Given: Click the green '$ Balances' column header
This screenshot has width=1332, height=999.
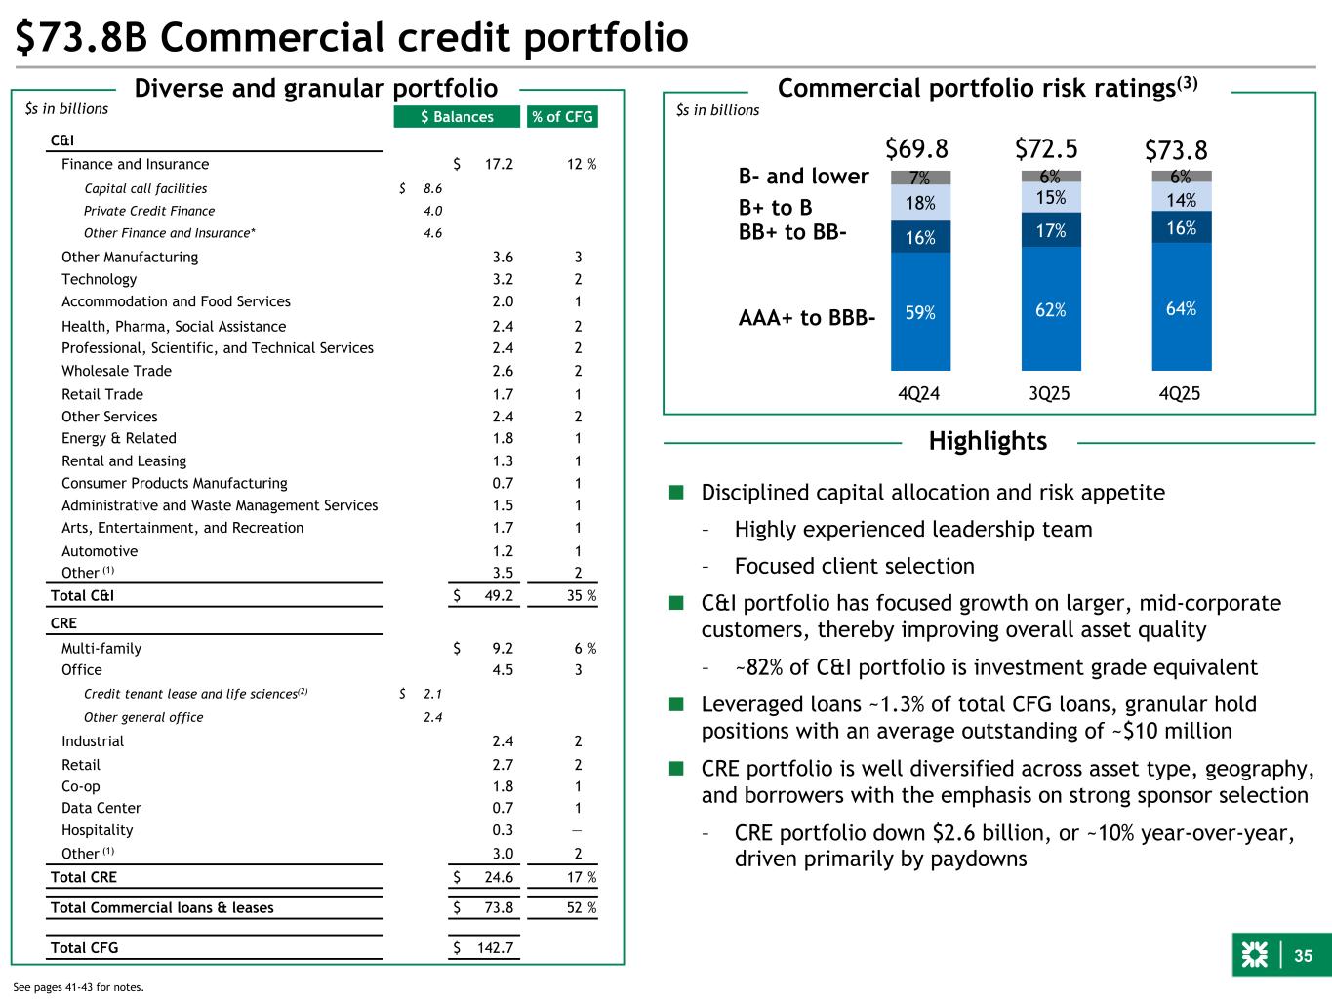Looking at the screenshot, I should pyautogui.click(x=457, y=117).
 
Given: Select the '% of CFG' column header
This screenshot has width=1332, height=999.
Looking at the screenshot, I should pyautogui.click(x=562, y=117).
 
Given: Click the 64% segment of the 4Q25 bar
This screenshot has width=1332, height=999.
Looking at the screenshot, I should pyautogui.click(x=1181, y=307).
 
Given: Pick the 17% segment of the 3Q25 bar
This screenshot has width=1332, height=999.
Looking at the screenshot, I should pyautogui.click(x=1051, y=231).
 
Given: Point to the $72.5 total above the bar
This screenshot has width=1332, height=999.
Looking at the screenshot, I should pyautogui.click(x=1046, y=148).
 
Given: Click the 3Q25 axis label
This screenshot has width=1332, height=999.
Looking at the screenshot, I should pyautogui.click(x=1049, y=393).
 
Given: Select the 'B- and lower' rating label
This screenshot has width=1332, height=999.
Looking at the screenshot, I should pyautogui.click(x=803, y=176).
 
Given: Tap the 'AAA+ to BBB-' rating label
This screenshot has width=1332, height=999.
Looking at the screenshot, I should pyautogui.click(x=806, y=318).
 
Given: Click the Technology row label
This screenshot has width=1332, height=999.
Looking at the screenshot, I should pyautogui.click(x=99, y=279).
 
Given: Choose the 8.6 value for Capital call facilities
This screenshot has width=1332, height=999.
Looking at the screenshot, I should pyautogui.click(x=433, y=188).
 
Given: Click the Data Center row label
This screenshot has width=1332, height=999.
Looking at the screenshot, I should pyautogui.click(x=101, y=808).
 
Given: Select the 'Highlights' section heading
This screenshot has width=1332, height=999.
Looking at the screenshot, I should pyautogui.click(x=988, y=441).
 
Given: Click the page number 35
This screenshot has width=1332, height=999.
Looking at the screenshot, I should pyautogui.click(x=1304, y=957).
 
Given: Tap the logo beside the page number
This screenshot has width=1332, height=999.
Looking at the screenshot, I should pyautogui.click(x=1254, y=957).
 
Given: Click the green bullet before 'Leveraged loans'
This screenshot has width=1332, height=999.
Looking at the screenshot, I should pyautogui.click(x=675, y=704).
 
